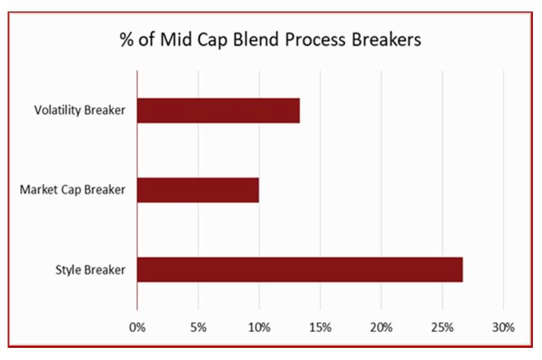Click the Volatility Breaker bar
(x=218, y=111)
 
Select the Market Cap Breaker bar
(x=198, y=190)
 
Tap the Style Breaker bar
(x=300, y=270)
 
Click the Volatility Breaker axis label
(x=80, y=110)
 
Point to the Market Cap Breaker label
(x=72, y=190)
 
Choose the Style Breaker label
(x=90, y=270)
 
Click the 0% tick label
(x=138, y=327)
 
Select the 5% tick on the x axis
(x=198, y=327)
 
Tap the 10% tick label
(x=259, y=327)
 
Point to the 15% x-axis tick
(x=320, y=327)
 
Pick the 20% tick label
(x=382, y=327)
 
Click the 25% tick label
(x=442, y=327)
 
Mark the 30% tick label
(x=504, y=327)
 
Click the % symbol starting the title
(x=126, y=39)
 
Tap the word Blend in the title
(x=256, y=39)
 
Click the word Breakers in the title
(x=386, y=39)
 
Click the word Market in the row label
(x=39, y=190)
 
